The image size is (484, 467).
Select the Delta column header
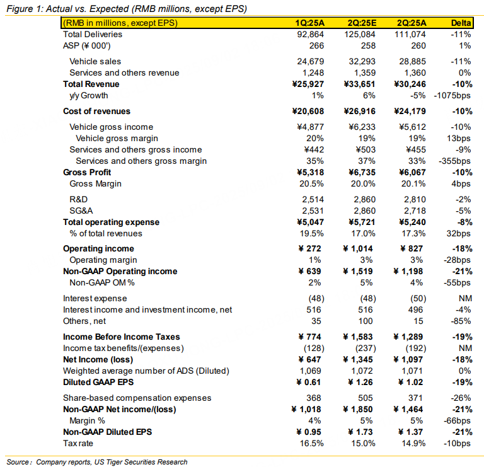[461, 23]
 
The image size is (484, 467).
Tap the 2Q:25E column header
[361, 23]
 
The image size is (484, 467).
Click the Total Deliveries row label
[93, 34]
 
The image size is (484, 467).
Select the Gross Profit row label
[86, 172]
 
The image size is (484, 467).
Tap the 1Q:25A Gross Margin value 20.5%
[313, 184]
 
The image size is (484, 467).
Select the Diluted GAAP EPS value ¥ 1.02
[413, 383]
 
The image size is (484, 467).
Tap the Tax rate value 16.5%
[313, 444]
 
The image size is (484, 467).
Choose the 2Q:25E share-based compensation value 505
[367, 398]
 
